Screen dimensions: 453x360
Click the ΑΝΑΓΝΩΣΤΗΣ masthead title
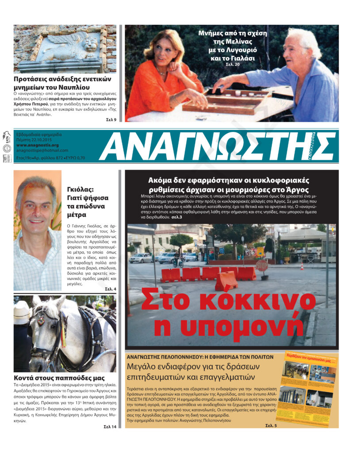pos(217,146)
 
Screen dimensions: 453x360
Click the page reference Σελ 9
pos(111,120)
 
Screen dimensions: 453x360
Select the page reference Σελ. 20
pos(232,64)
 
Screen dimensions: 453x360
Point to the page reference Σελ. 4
pos(111,289)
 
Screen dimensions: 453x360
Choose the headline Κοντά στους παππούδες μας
pos(59,378)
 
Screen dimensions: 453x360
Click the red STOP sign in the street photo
pos(262,265)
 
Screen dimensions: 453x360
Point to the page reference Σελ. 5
pos(271,425)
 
